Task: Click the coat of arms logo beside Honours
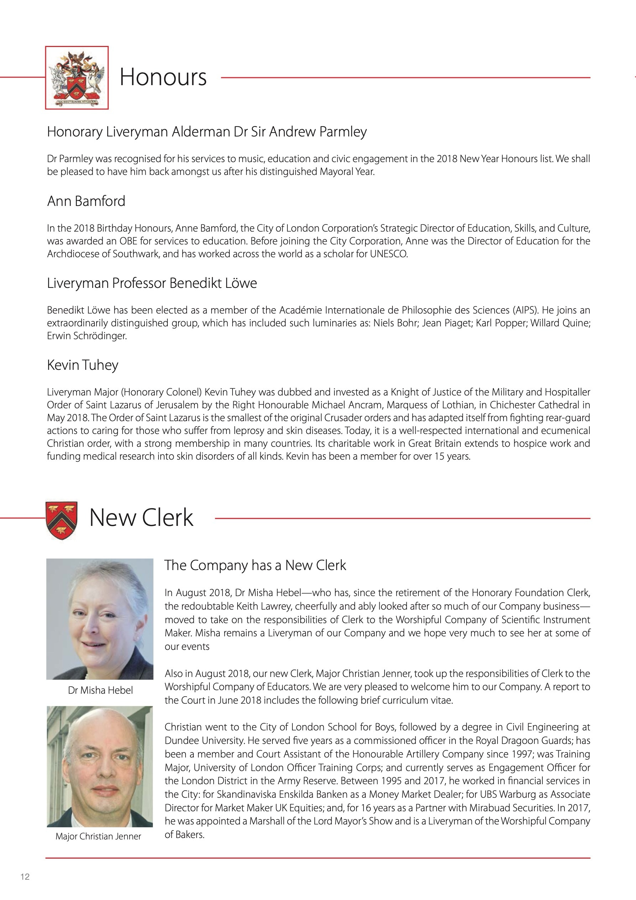click(x=77, y=78)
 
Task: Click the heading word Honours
click(x=163, y=77)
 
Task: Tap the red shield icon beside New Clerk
click(x=62, y=519)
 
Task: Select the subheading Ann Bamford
click(x=86, y=201)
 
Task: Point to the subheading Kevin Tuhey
click(x=83, y=365)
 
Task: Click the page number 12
click(x=25, y=877)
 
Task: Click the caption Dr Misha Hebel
click(x=100, y=690)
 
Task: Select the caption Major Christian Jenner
click(x=98, y=836)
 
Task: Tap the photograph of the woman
click(x=100, y=619)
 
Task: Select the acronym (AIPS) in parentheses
click(x=525, y=310)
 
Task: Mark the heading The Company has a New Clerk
click(x=255, y=565)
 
